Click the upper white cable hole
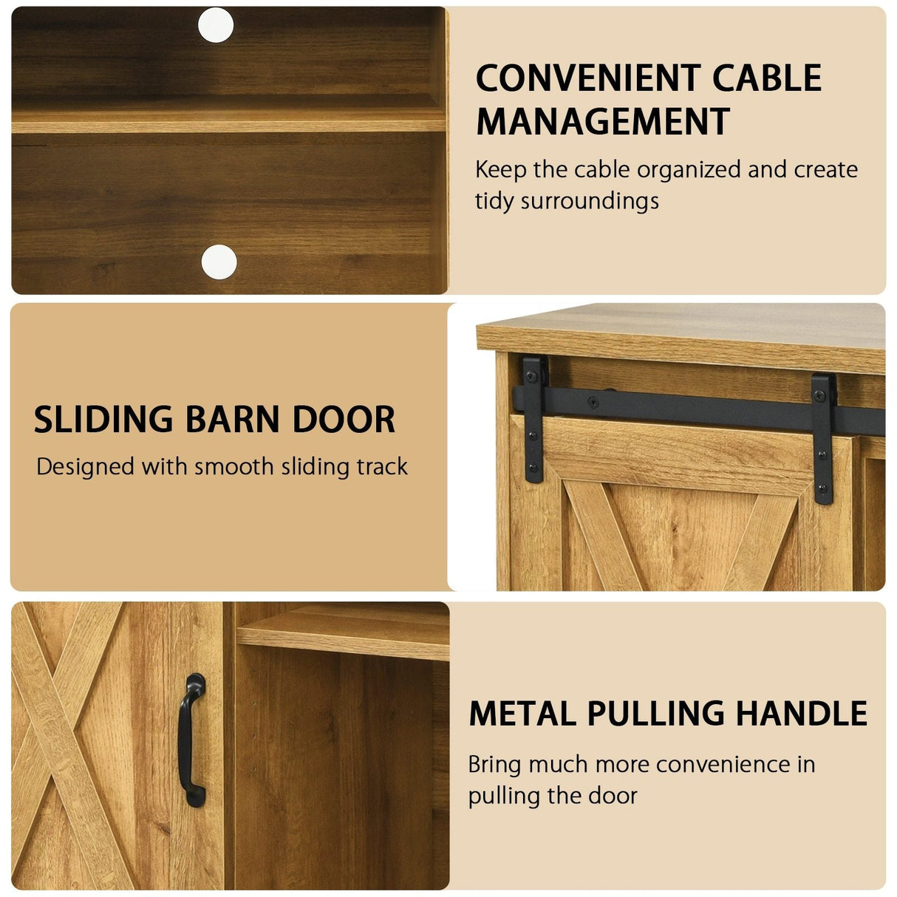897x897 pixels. [x=216, y=25]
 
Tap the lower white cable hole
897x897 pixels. [x=219, y=262]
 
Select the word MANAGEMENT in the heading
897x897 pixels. [x=602, y=121]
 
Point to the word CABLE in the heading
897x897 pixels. [x=767, y=78]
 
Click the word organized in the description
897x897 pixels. [x=689, y=171]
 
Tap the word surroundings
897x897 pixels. [x=590, y=202]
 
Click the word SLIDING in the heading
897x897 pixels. [x=103, y=420]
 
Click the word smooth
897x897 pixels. [x=233, y=466]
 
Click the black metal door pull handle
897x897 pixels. [x=191, y=740]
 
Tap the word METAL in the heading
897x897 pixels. [x=522, y=714]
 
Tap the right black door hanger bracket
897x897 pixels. [x=823, y=439]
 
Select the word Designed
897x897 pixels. [x=85, y=468]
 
